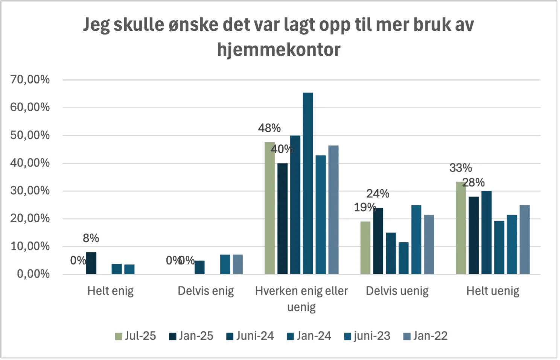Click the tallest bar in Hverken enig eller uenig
(x=308, y=183)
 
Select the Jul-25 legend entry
(x=135, y=336)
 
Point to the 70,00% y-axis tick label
(x=30, y=80)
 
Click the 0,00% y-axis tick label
(x=33, y=274)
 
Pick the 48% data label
(x=269, y=128)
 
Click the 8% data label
(x=91, y=238)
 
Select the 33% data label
(x=461, y=168)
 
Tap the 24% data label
(x=378, y=194)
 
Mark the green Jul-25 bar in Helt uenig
(x=461, y=228)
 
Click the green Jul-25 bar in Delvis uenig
(x=365, y=248)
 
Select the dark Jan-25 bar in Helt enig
(x=91, y=263)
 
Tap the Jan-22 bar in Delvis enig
(x=238, y=264)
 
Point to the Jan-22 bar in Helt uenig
(x=525, y=240)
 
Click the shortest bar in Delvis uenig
(x=404, y=258)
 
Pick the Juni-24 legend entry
(x=250, y=336)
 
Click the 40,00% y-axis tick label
(x=30, y=163)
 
